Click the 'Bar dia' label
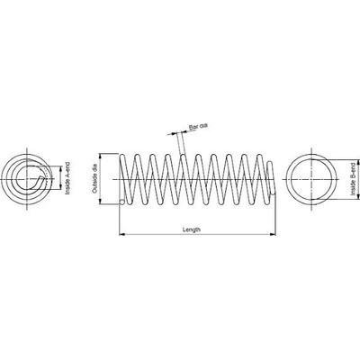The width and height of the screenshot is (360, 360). pos(198,127)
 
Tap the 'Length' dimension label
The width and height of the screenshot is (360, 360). pos(192,229)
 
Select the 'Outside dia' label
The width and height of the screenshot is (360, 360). pos(94,178)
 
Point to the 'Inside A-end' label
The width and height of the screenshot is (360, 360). pos(67,178)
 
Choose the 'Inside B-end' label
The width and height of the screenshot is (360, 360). pos(353,179)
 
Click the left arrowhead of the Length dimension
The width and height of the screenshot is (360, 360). pos(121,234)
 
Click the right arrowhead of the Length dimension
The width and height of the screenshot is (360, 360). pos(273,234)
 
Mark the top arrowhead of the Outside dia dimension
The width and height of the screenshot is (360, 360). pos(101,156)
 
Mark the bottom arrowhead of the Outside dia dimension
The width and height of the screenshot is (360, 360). pos(101,202)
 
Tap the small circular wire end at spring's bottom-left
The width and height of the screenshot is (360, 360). pos(121,202)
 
